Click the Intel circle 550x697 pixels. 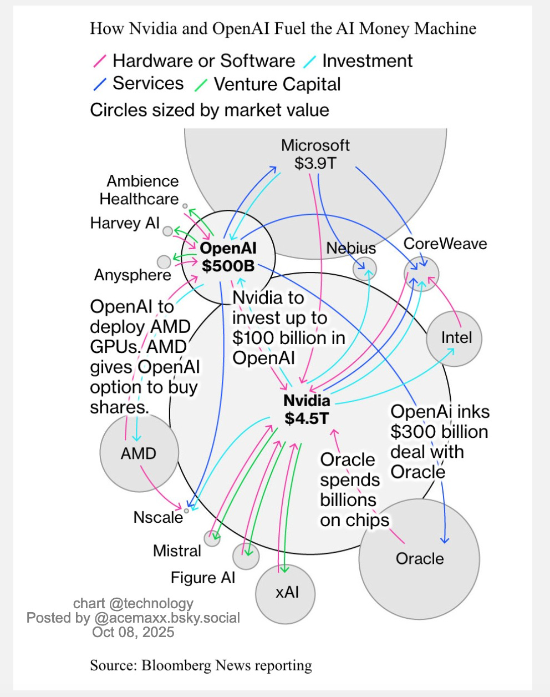(x=454, y=338)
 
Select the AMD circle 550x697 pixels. (x=139, y=453)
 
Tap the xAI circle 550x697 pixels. (x=286, y=593)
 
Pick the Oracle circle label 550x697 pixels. (x=420, y=558)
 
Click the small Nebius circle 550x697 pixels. (x=365, y=269)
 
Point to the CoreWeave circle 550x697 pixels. (x=421, y=273)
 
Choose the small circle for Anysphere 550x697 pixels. (x=164, y=261)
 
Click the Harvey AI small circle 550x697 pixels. (x=167, y=231)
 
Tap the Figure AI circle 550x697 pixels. (x=246, y=556)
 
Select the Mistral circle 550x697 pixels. (x=212, y=538)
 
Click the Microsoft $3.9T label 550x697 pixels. (x=315, y=154)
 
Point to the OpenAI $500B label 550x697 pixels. (x=228, y=257)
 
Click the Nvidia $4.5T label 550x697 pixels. (x=307, y=409)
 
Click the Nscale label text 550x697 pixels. (x=158, y=517)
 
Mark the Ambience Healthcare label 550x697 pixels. (x=139, y=190)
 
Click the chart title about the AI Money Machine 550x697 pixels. (x=283, y=28)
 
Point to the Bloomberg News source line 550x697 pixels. (x=201, y=665)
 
